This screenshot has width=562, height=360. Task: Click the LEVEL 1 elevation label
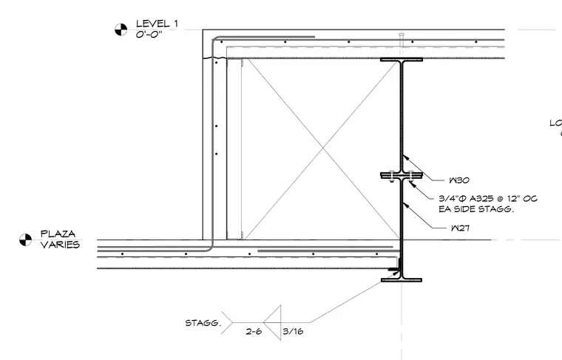(157, 24)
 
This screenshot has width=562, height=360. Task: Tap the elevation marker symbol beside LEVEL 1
(121, 30)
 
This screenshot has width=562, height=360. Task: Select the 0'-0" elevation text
(149, 35)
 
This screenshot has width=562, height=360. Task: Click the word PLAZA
(58, 234)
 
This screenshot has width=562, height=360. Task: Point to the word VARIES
(60, 245)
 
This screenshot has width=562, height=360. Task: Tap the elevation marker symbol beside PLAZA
(25, 240)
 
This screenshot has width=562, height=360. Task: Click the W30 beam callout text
(459, 180)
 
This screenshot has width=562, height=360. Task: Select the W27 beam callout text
(460, 228)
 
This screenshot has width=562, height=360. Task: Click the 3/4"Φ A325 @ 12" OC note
(488, 198)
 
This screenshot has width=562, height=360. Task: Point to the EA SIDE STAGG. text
(476, 209)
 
